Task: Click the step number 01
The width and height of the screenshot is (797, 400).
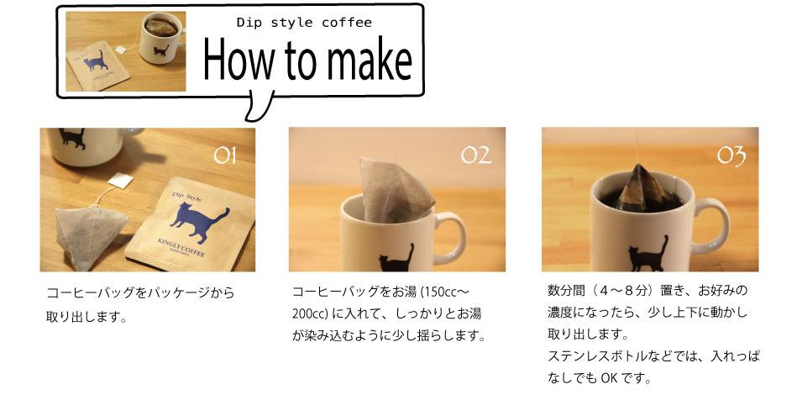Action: click(224, 154)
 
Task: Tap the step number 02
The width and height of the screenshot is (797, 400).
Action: click(476, 155)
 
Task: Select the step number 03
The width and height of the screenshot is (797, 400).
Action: click(731, 155)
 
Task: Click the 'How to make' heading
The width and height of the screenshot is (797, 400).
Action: click(307, 61)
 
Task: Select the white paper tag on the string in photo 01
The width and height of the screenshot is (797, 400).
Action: click(121, 181)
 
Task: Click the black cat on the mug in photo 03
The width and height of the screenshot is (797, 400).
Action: click(648, 254)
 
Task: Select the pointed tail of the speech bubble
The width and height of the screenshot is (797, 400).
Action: click(257, 109)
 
